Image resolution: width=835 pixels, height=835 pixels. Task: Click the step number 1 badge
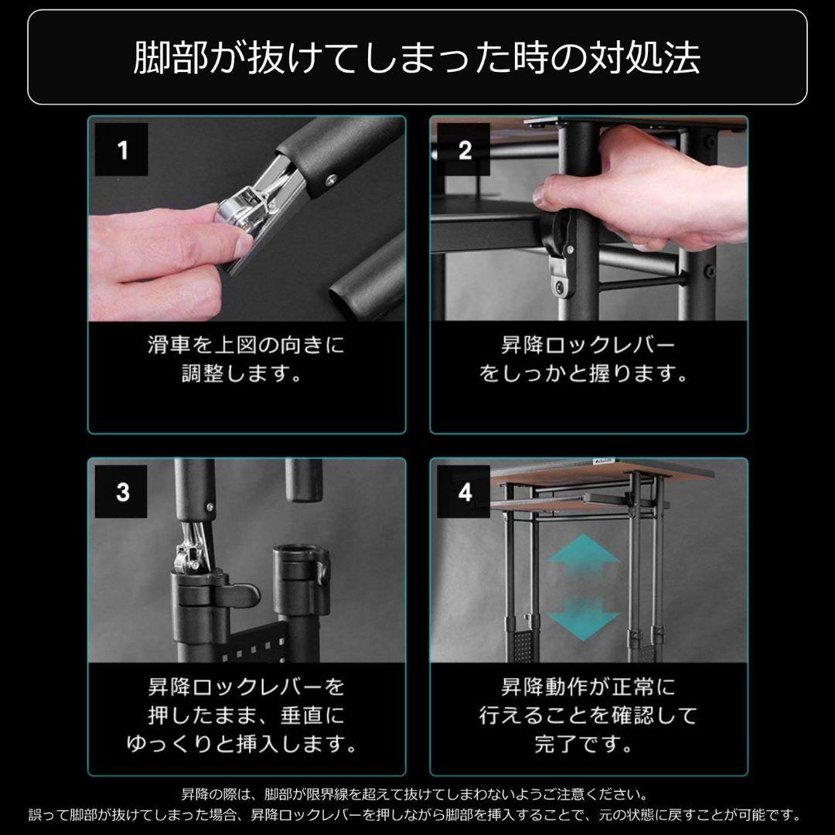click(122, 150)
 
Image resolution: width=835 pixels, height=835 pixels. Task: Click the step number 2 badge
click(464, 150)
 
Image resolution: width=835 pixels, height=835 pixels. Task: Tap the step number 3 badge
click(122, 492)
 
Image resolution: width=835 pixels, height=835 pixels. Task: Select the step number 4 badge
click(464, 492)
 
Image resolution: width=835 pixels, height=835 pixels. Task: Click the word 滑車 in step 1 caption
click(165, 346)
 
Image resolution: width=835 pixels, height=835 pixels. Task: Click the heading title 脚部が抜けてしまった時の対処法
click(417, 58)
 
